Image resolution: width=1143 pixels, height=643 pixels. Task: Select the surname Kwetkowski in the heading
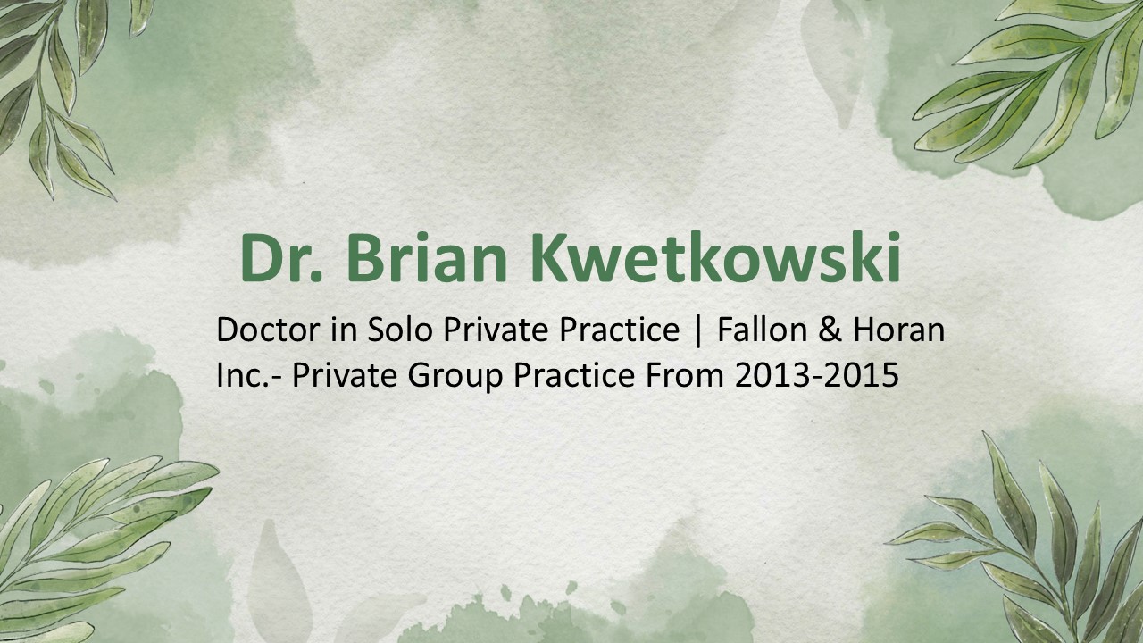(715, 258)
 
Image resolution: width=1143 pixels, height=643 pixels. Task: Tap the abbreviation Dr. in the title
(284, 258)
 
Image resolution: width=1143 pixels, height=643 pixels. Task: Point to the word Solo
(399, 330)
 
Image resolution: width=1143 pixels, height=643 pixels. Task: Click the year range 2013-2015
(816, 376)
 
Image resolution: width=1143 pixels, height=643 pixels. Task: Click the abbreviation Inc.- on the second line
(249, 376)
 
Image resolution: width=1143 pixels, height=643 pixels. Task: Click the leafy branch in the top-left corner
(58, 89)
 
